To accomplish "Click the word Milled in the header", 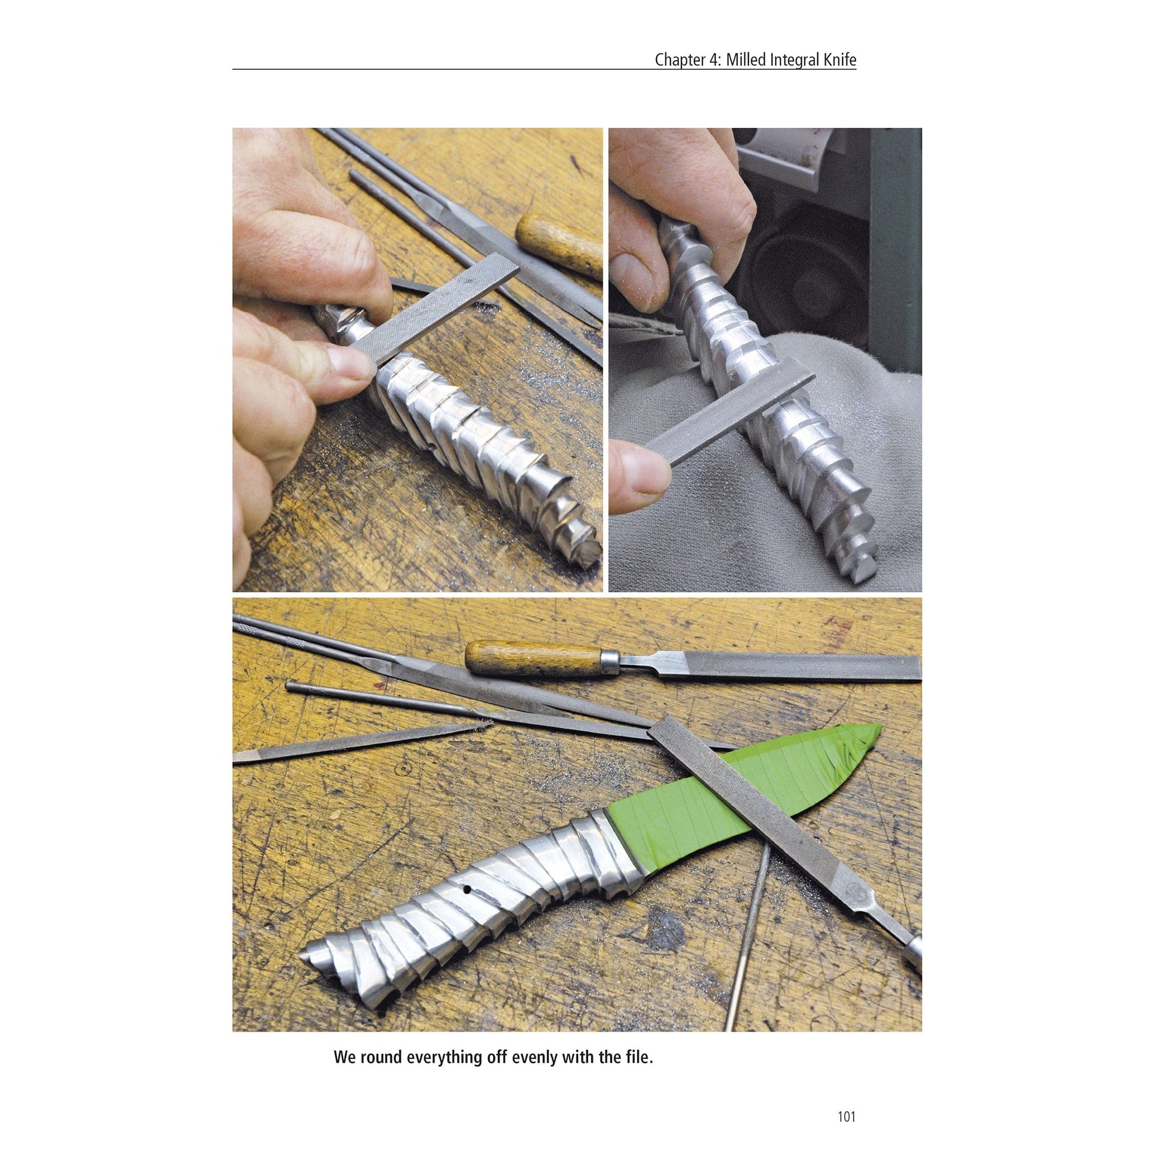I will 749,61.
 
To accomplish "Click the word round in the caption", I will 383,1007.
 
